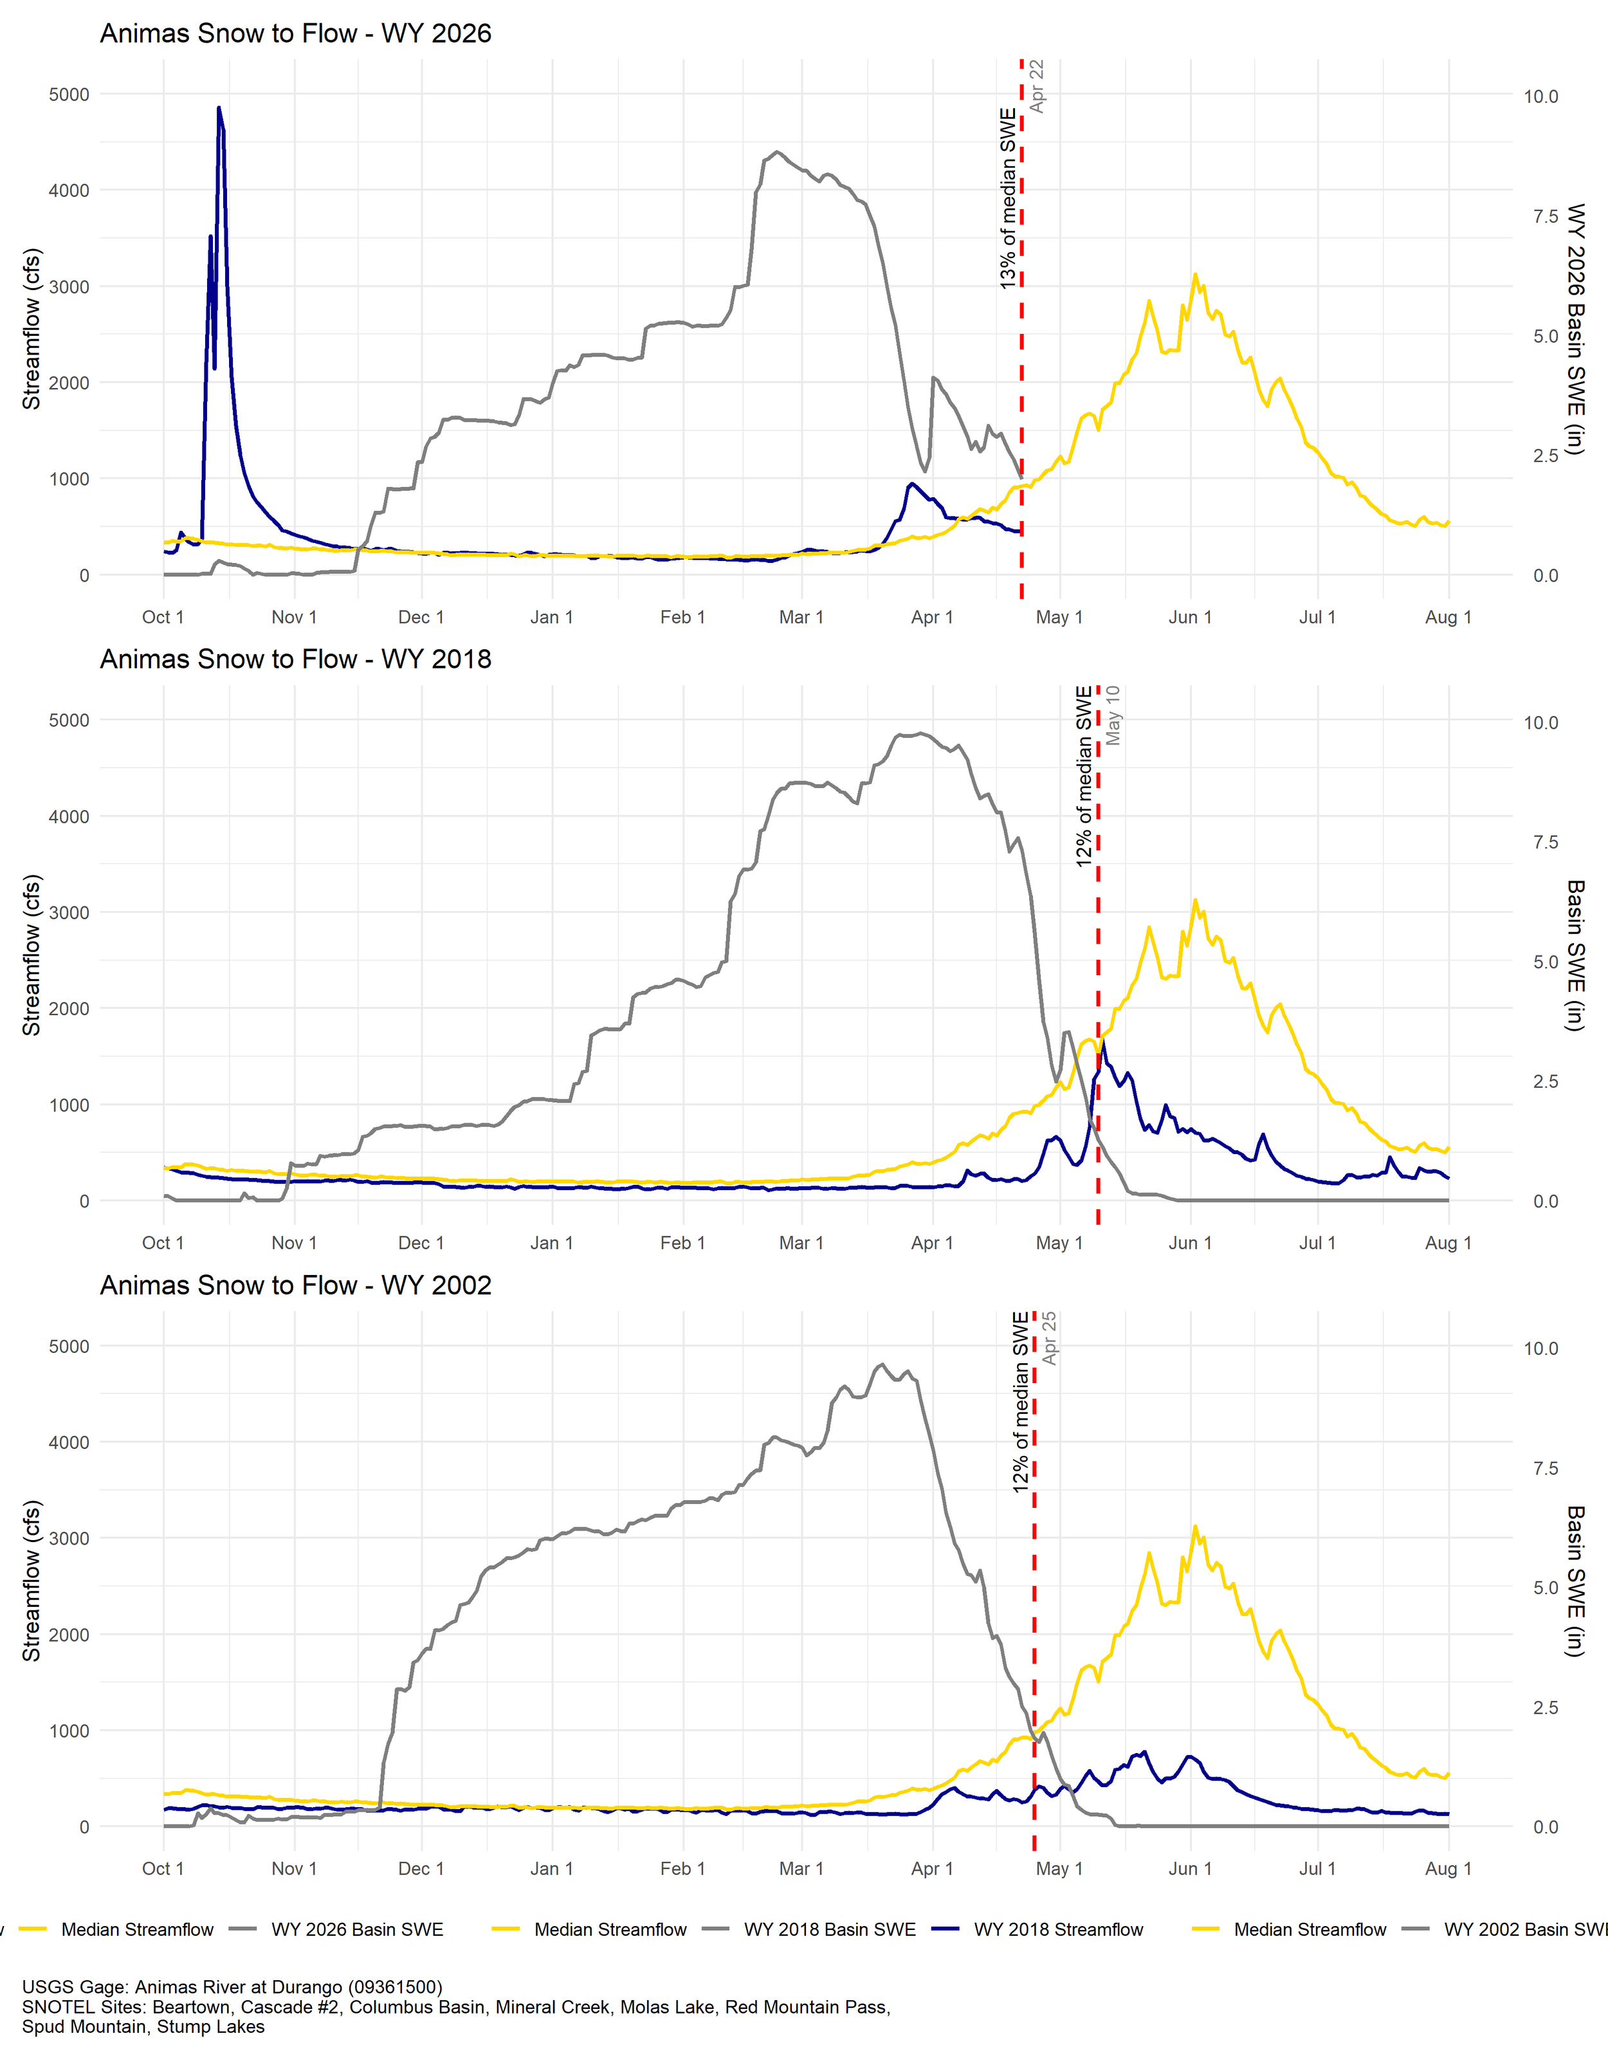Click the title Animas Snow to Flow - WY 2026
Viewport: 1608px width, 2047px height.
[296, 34]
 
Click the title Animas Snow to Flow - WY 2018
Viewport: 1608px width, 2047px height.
[296, 659]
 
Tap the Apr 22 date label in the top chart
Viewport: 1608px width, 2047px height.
[1037, 87]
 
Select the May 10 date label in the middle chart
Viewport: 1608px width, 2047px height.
[1113, 715]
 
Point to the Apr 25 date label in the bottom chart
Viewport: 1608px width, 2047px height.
[1050, 1338]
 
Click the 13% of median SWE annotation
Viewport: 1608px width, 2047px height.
[1009, 197]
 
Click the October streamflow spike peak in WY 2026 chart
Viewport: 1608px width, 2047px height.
[219, 108]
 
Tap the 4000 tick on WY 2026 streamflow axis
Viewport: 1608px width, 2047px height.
[69, 190]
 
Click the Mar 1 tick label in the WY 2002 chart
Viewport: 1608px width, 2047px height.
[801, 1868]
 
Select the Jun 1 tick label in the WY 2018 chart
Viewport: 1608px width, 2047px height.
[1190, 1243]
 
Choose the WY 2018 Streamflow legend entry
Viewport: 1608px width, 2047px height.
[1057, 1929]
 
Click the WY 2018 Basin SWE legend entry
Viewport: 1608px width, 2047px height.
[828, 1929]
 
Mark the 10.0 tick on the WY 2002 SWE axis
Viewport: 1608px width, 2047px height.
[1540, 1348]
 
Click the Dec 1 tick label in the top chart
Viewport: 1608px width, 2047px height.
[421, 618]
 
